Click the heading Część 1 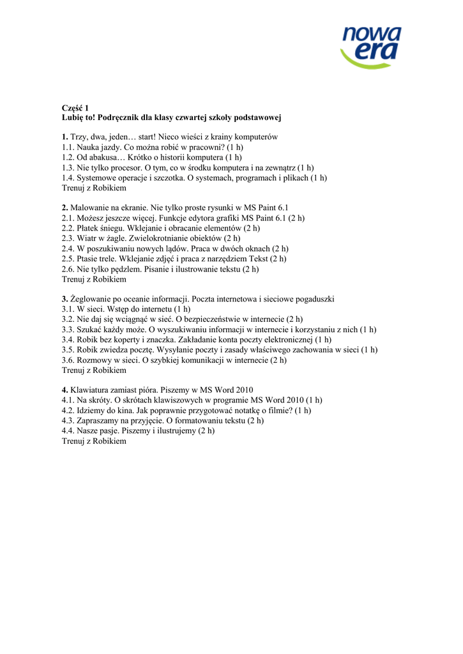(x=75, y=108)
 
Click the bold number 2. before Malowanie (x=65, y=208)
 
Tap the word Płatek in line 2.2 (x=89, y=228)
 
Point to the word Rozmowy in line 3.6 (x=94, y=360)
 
